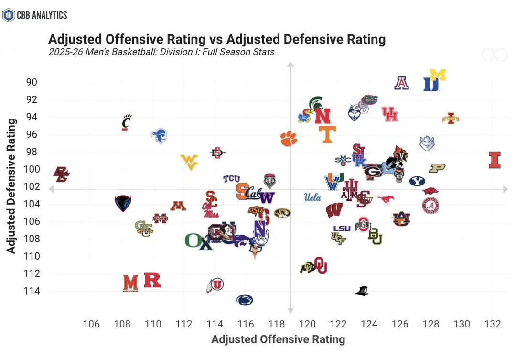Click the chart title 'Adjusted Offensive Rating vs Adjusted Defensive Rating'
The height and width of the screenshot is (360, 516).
click(x=217, y=39)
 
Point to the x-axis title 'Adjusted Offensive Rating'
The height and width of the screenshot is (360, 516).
click(x=278, y=339)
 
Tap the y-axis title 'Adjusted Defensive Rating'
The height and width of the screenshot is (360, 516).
click(x=11, y=186)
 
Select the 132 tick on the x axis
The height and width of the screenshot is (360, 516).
click(x=493, y=324)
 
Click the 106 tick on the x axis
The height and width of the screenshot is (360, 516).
click(x=91, y=324)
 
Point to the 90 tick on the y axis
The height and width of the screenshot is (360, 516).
click(x=32, y=82)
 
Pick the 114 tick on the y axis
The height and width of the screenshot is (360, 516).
click(x=30, y=291)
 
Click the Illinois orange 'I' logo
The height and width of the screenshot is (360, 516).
click(x=494, y=160)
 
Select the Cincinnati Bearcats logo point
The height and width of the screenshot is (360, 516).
click(x=126, y=122)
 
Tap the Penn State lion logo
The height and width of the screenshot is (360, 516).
click(x=245, y=300)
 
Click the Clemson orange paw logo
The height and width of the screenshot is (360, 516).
click(x=289, y=139)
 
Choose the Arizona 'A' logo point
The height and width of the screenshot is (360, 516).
click(x=402, y=83)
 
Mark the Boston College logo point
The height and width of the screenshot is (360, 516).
click(x=61, y=175)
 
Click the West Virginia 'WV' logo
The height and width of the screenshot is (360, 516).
click(x=189, y=162)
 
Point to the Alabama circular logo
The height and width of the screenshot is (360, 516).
click(x=430, y=206)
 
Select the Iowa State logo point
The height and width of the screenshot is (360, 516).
click(x=451, y=118)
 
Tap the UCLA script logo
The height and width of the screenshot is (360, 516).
click(x=312, y=197)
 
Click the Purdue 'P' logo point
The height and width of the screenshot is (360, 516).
click(x=437, y=168)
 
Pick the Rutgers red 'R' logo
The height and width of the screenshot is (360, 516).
click(x=152, y=280)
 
